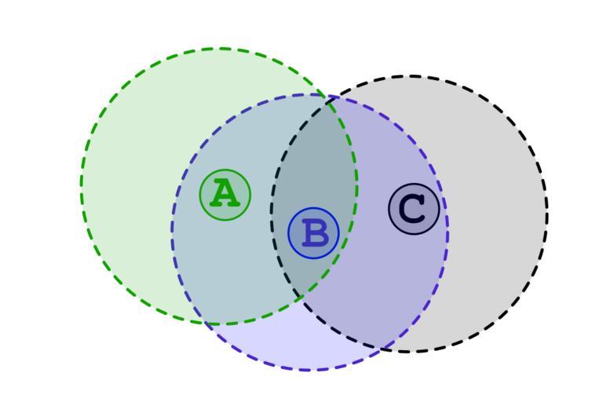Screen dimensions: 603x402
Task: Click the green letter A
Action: coord(225,193)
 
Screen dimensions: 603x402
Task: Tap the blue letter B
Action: coord(315,233)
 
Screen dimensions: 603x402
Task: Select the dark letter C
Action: coord(412,209)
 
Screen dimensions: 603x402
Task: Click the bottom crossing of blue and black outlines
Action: coord(383,349)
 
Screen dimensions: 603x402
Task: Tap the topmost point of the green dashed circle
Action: coord(219,49)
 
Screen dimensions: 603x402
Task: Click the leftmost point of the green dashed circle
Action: coord(81,186)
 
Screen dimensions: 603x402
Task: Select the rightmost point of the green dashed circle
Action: coord(357,186)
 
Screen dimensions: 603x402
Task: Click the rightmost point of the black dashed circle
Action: coord(547,214)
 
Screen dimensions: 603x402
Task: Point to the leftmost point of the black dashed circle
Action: coord(272,214)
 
